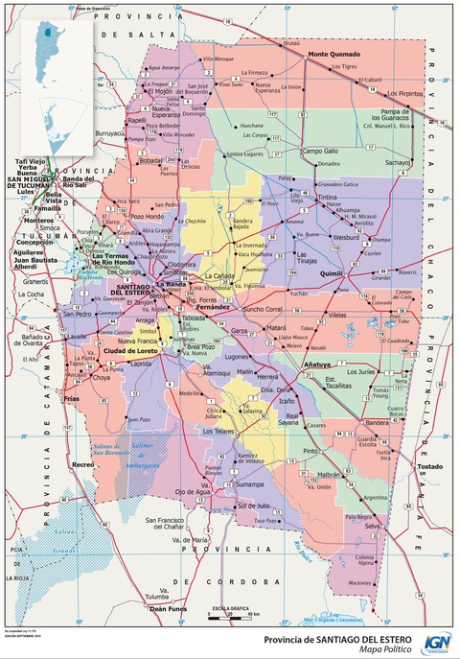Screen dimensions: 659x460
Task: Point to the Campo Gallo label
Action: [x=320, y=151]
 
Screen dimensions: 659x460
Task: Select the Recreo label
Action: [x=83, y=464]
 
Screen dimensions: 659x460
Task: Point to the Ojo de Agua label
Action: [x=193, y=491]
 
